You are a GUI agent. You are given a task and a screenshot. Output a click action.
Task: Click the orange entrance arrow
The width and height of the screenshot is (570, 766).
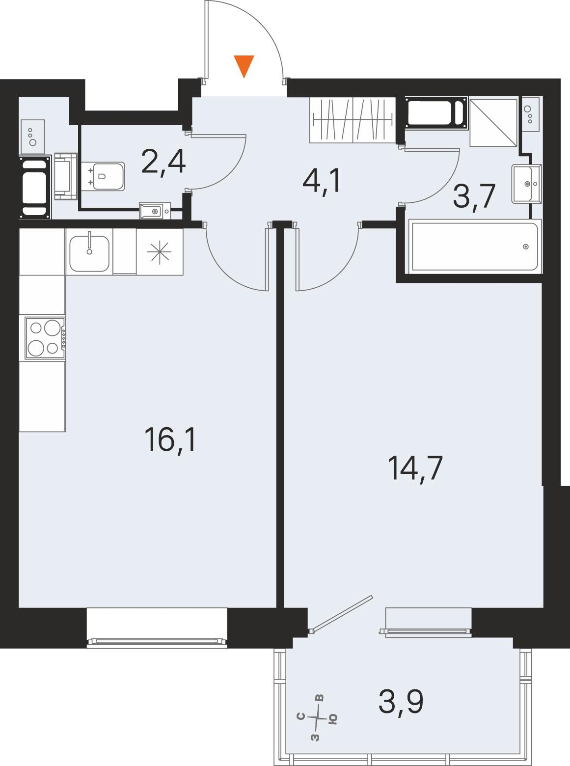click(x=244, y=66)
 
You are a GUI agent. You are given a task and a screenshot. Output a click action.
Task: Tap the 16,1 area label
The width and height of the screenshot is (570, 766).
click(x=170, y=439)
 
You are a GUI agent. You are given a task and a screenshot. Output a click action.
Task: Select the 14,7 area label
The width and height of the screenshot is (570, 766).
click(x=415, y=468)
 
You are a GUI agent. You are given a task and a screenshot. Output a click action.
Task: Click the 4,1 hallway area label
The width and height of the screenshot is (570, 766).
click(x=322, y=182)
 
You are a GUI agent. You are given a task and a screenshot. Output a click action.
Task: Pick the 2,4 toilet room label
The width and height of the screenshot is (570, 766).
click(x=163, y=162)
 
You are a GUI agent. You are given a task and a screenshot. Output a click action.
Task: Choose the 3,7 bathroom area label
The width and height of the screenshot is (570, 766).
click(x=474, y=196)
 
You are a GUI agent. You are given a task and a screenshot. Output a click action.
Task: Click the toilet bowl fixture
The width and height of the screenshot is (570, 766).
click(x=104, y=176)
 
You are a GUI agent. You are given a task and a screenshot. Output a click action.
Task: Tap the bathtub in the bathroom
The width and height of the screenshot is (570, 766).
click(x=475, y=246)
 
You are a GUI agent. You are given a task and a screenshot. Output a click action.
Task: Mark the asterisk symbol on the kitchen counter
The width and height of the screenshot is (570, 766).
click(x=159, y=253)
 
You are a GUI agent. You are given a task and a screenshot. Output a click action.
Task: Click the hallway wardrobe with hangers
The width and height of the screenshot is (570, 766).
click(x=353, y=120)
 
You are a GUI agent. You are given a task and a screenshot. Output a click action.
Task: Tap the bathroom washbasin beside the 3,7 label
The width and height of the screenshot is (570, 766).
click(x=526, y=184)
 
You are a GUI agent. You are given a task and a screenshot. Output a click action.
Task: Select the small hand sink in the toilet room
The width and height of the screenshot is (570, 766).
click(x=155, y=211)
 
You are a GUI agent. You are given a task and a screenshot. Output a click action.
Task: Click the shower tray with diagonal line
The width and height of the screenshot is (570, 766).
click(x=493, y=123)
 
